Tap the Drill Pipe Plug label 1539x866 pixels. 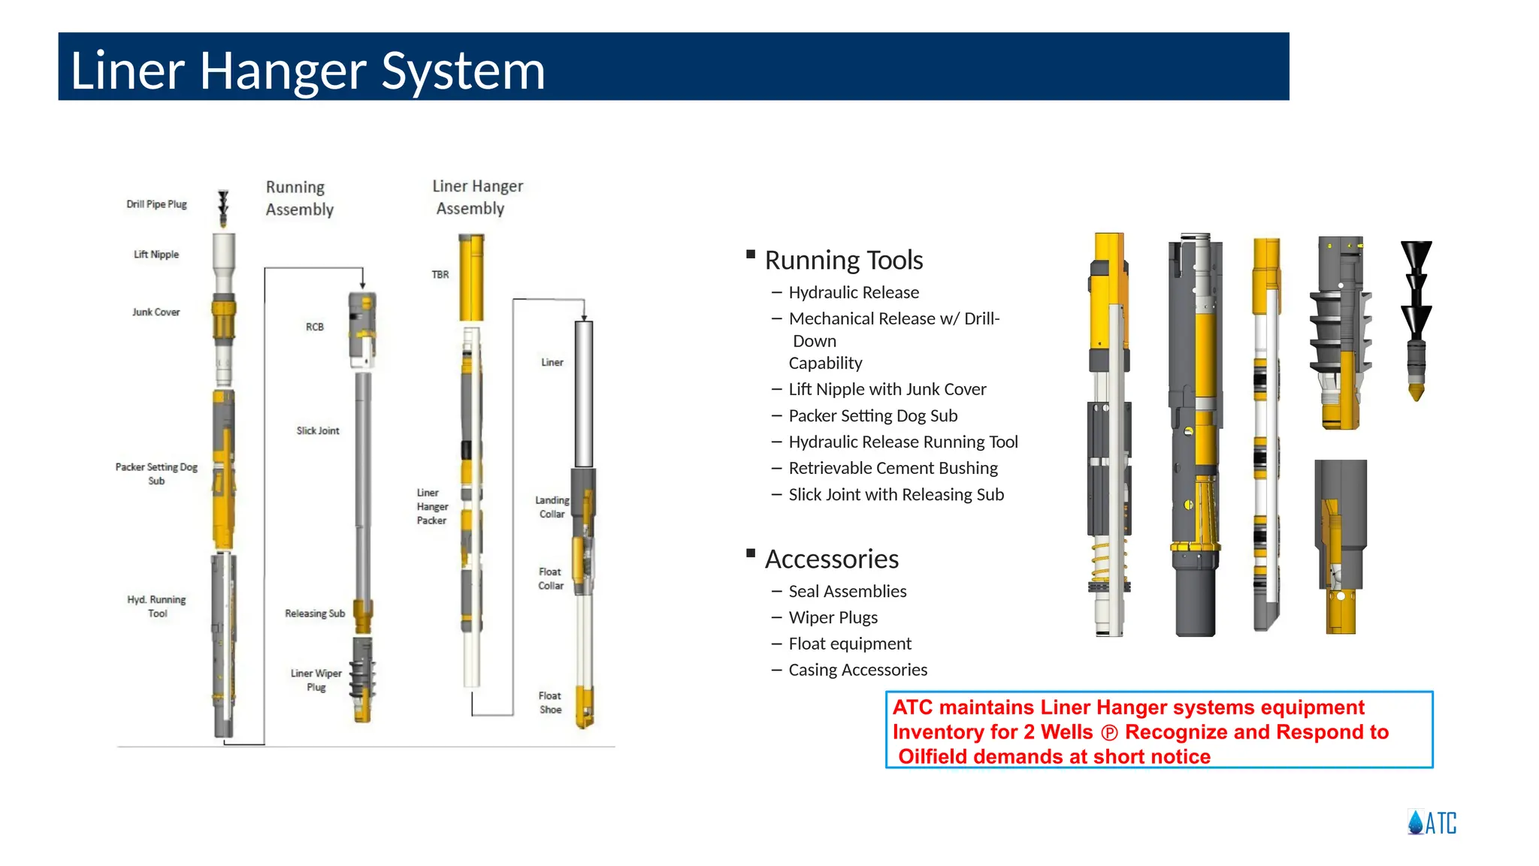click(x=156, y=204)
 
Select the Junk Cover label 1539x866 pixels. click(x=156, y=312)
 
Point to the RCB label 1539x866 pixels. click(x=314, y=327)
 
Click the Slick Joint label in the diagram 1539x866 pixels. click(x=317, y=430)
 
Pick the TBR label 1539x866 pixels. click(x=440, y=275)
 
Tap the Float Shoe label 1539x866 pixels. click(x=550, y=702)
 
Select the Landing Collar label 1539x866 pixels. click(x=552, y=507)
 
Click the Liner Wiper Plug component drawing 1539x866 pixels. click(x=363, y=679)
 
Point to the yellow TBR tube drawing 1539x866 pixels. click(x=471, y=278)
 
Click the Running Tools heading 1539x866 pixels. click(x=843, y=260)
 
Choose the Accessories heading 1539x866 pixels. click(x=831, y=559)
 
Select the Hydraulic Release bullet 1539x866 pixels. click(x=854, y=292)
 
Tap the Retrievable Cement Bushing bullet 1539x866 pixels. click(x=893, y=468)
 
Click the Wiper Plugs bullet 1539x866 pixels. click(x=833, y=617)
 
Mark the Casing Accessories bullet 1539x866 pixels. click(x=857, y=669)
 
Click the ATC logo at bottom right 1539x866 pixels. click(x=1432, y=822)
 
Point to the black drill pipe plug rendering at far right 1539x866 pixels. click(x=1417, y=319)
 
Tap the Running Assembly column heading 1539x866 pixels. click(x=299, y=198)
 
